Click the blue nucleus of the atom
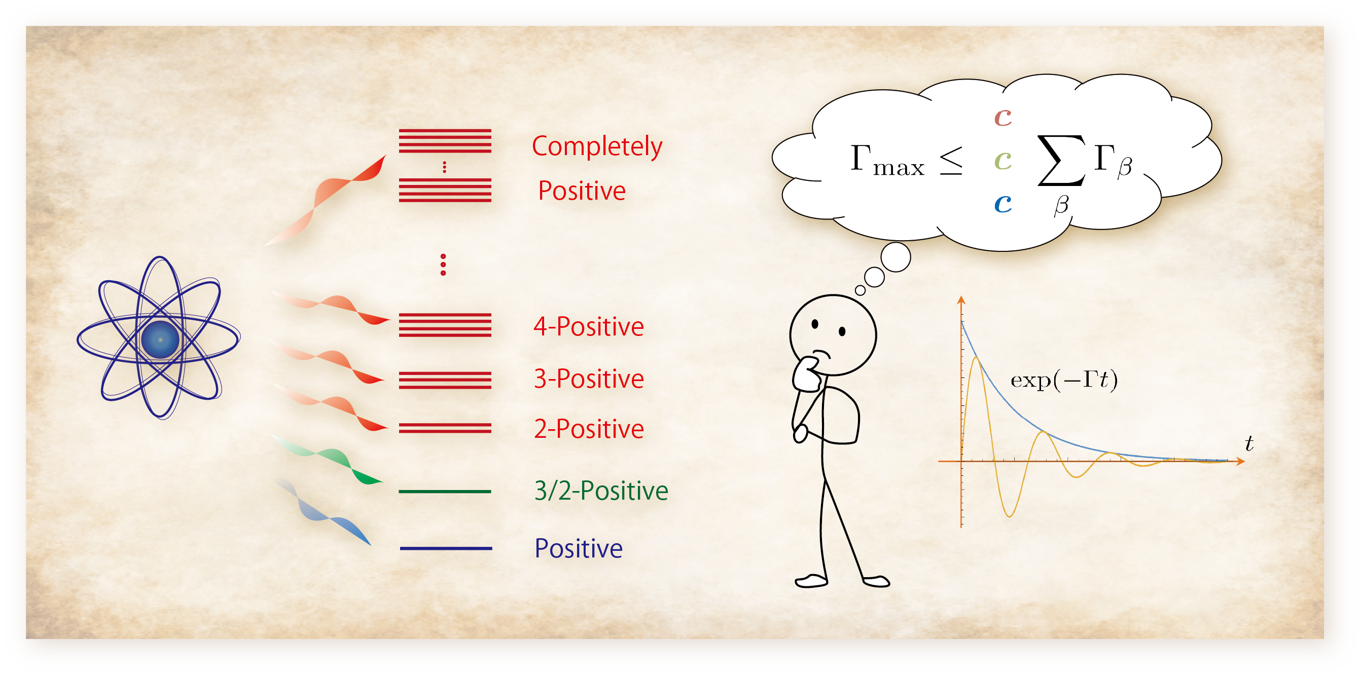[x=160, y=339]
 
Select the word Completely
[x=597, y=147]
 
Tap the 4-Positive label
[x=589, y=327]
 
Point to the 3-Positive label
[x=589, y=379]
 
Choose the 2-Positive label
[x=589, y=429]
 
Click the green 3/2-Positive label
[x=601, y=491]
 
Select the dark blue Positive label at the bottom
[x=579, y=548]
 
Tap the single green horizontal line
[x=445, y=492]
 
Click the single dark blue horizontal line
[x=446, y=549]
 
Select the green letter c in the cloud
[x=1002, y=160]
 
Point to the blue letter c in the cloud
[x=1002, y=204]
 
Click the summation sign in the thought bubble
[x=1061, y=160]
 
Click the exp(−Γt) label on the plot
[x=1064, y=380]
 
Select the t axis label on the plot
[x=1249, y=443]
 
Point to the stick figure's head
[x=833, y=335]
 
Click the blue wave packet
[x=322, y=510]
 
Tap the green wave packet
[x=327, y=459]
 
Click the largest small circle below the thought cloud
[x=895, y=257]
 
